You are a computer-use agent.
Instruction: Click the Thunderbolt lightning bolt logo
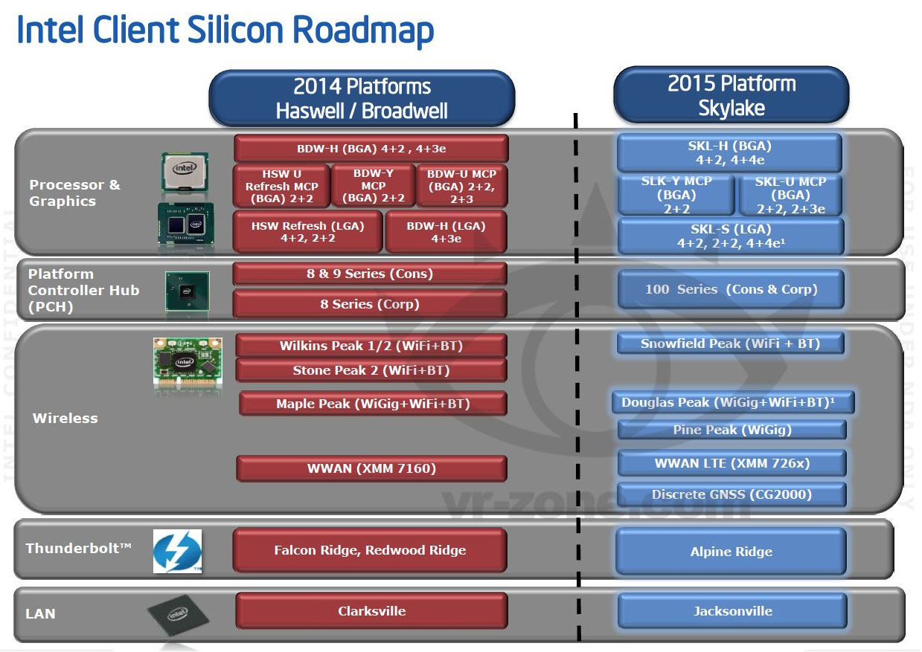[177, 551]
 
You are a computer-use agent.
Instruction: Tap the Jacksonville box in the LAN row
[732, 611]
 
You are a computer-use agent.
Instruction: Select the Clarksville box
[371, 611]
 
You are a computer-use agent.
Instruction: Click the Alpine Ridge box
[731, 552]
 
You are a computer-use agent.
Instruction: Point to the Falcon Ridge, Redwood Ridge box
[370, 550]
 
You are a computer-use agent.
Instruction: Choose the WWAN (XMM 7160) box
[371, 468]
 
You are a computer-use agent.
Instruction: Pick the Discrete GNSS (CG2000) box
[731, 494]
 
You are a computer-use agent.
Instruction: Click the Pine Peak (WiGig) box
[731, 430]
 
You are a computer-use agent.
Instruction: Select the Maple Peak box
[373, 403]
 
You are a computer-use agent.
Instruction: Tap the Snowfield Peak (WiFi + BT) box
[730, 343]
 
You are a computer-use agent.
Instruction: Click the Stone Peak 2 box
[371, 370]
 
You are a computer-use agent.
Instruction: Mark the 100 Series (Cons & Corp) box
[731, 289]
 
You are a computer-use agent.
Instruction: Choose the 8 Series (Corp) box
[370, 304]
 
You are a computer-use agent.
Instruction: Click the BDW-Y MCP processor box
[373, 186]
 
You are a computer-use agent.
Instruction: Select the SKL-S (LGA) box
[731, 236]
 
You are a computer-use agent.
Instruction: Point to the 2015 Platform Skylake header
[731, 95]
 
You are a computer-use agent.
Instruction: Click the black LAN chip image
[178, 615]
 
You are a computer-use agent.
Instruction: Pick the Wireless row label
[65, 418]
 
